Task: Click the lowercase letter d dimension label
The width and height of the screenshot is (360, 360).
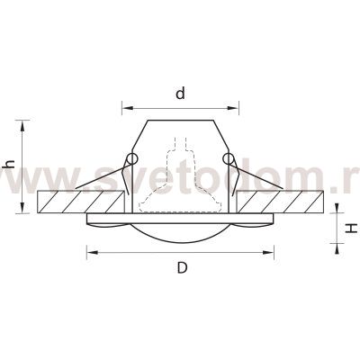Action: click(181, 93)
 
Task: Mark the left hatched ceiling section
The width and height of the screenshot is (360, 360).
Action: click(76, 201)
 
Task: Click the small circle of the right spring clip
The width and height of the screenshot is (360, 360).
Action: click(229, 161)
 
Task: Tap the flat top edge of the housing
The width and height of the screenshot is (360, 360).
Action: click(181, 118)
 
